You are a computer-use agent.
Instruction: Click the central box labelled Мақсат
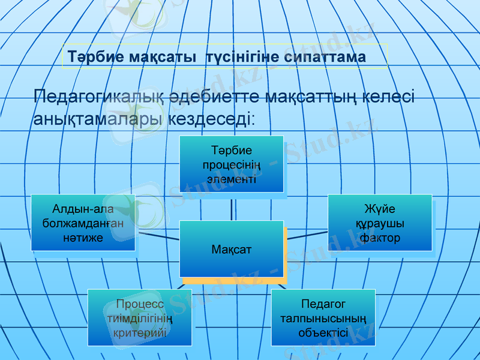coord(232,248)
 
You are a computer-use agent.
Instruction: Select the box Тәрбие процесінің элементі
coord(232,164)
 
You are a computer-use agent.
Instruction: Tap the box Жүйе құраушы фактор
coord(380,223)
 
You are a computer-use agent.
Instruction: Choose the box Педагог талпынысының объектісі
coord(323,317)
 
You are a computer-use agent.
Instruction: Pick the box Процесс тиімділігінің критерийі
coord(140,317)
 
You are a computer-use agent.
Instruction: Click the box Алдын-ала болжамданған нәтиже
coord(83,223)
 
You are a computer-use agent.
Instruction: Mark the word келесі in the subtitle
coord(384,97)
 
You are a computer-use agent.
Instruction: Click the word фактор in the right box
coord(380,238)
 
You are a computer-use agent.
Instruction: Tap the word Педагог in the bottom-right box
coord(323,304)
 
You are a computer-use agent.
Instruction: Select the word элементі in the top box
coord(232,178)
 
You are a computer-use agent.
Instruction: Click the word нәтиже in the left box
coord(83,238)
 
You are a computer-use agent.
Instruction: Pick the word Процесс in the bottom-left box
coord(140,304)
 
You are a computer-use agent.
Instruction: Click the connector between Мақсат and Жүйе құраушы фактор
coord(305,236)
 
